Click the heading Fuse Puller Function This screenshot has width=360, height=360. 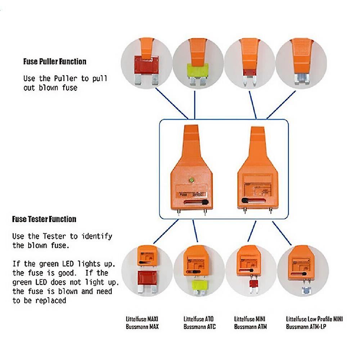pos(55,62)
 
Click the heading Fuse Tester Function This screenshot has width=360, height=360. pos(44,219)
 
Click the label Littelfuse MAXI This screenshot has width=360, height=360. pos(142,319)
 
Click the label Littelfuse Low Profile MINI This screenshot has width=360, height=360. pos(314,319)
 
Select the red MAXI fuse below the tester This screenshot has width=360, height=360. pos(147,279)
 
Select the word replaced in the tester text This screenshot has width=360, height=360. pos(51,300)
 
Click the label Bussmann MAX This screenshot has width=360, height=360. pos(142,327)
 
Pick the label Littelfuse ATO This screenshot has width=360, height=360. pos(198,319)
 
